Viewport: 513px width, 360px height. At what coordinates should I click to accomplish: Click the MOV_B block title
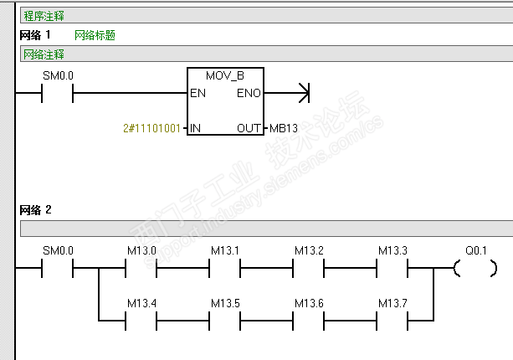point(225,76)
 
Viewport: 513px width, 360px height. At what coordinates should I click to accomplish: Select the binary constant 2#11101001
point(151,128)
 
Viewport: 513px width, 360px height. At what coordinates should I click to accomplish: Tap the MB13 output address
point(284,128)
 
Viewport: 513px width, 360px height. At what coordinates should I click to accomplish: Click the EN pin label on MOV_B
point(198,93)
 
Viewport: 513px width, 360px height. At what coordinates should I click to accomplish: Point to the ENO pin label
point(249,93)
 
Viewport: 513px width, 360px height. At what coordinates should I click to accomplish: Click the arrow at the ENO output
point(304,93)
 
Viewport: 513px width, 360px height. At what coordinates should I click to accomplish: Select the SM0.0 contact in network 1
point(57,93)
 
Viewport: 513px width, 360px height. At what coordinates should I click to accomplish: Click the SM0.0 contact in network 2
point(57,268)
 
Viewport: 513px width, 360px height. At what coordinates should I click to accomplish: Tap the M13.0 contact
point(141,268)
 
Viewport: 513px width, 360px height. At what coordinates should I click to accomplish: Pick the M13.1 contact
point(225,268)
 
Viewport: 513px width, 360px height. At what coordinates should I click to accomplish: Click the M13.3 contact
point(392,268)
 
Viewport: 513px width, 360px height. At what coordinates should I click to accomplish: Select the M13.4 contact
point(141,321)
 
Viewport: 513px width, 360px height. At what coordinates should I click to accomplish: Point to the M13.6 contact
point(309,321)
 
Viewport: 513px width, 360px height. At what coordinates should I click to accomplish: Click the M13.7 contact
point(392,321)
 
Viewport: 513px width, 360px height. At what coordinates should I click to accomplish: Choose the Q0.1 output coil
point(475,269)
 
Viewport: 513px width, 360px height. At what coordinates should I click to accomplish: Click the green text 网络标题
point(95,35)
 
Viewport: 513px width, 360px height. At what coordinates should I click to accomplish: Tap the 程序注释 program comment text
point(44,16)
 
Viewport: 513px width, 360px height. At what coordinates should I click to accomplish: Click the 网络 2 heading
point(35,210)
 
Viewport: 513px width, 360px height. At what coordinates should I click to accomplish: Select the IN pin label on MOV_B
point(195,128)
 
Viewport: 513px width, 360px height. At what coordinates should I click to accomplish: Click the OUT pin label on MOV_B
point(249,128)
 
